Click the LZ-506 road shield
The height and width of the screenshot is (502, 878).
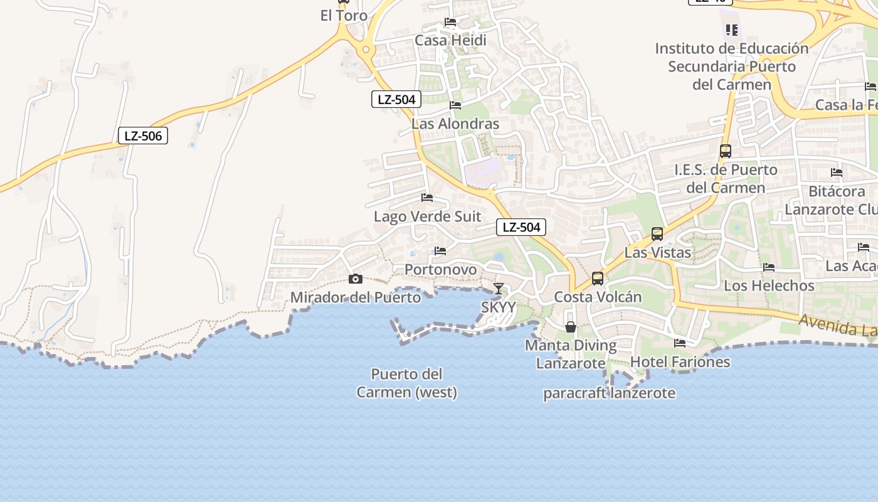[143, 136]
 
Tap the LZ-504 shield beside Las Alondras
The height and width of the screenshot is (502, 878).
[396, 99]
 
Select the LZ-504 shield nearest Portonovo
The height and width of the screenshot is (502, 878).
[521, 227]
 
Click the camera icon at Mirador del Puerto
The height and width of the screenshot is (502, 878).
[356, 279]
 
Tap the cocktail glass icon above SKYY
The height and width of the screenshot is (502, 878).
[499, 289]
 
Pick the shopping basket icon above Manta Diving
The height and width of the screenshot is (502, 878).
[571, 327]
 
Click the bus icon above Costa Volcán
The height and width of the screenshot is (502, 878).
[598, 278]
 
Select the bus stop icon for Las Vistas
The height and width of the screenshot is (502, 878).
[657, 234]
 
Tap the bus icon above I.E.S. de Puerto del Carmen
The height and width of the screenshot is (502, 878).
[726, 151]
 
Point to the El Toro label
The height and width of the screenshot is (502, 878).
[344, 16]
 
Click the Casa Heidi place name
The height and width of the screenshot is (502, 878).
[450, 41]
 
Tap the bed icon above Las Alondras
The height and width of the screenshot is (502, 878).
[455, 105]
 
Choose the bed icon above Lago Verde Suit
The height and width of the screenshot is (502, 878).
[427, 198]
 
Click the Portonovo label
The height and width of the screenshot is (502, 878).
[440, 270]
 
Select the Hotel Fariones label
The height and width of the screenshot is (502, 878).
[680, 362]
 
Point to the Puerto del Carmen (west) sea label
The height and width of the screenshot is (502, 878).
[406, 383]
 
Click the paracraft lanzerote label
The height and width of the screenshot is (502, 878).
[609, 393]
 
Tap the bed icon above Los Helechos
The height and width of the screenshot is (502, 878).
[769, 267]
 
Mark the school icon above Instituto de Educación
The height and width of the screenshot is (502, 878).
[731, 29]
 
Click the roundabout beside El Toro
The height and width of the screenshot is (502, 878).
[365, 49]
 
